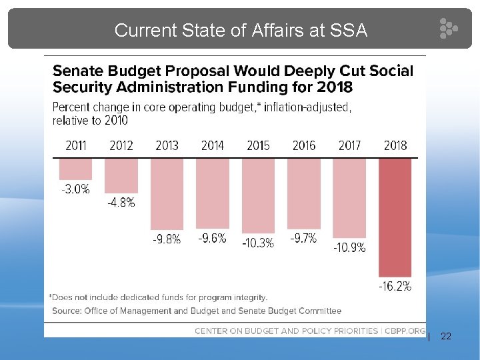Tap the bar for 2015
click(x=258, y=195)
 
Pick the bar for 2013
click(x=167, y=193)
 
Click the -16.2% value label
click(x=395, y=287)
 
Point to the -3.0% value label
click(x=75, y=189)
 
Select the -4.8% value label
click(x=121, y=203)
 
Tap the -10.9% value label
click(x=349, y=247)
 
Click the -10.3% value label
click(x=258, y=243)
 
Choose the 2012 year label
click(x=121, y=145)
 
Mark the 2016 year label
click(x=303, y=145)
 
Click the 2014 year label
click(x=212, y=145)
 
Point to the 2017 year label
click(x=349, y=145)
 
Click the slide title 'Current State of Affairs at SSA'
click(x=241, y=30)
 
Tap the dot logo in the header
click(x=448, y=29)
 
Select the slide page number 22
click(x=446, y=337)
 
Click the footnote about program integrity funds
click(x=158, y=297)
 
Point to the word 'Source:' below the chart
click(x=67, y=311)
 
